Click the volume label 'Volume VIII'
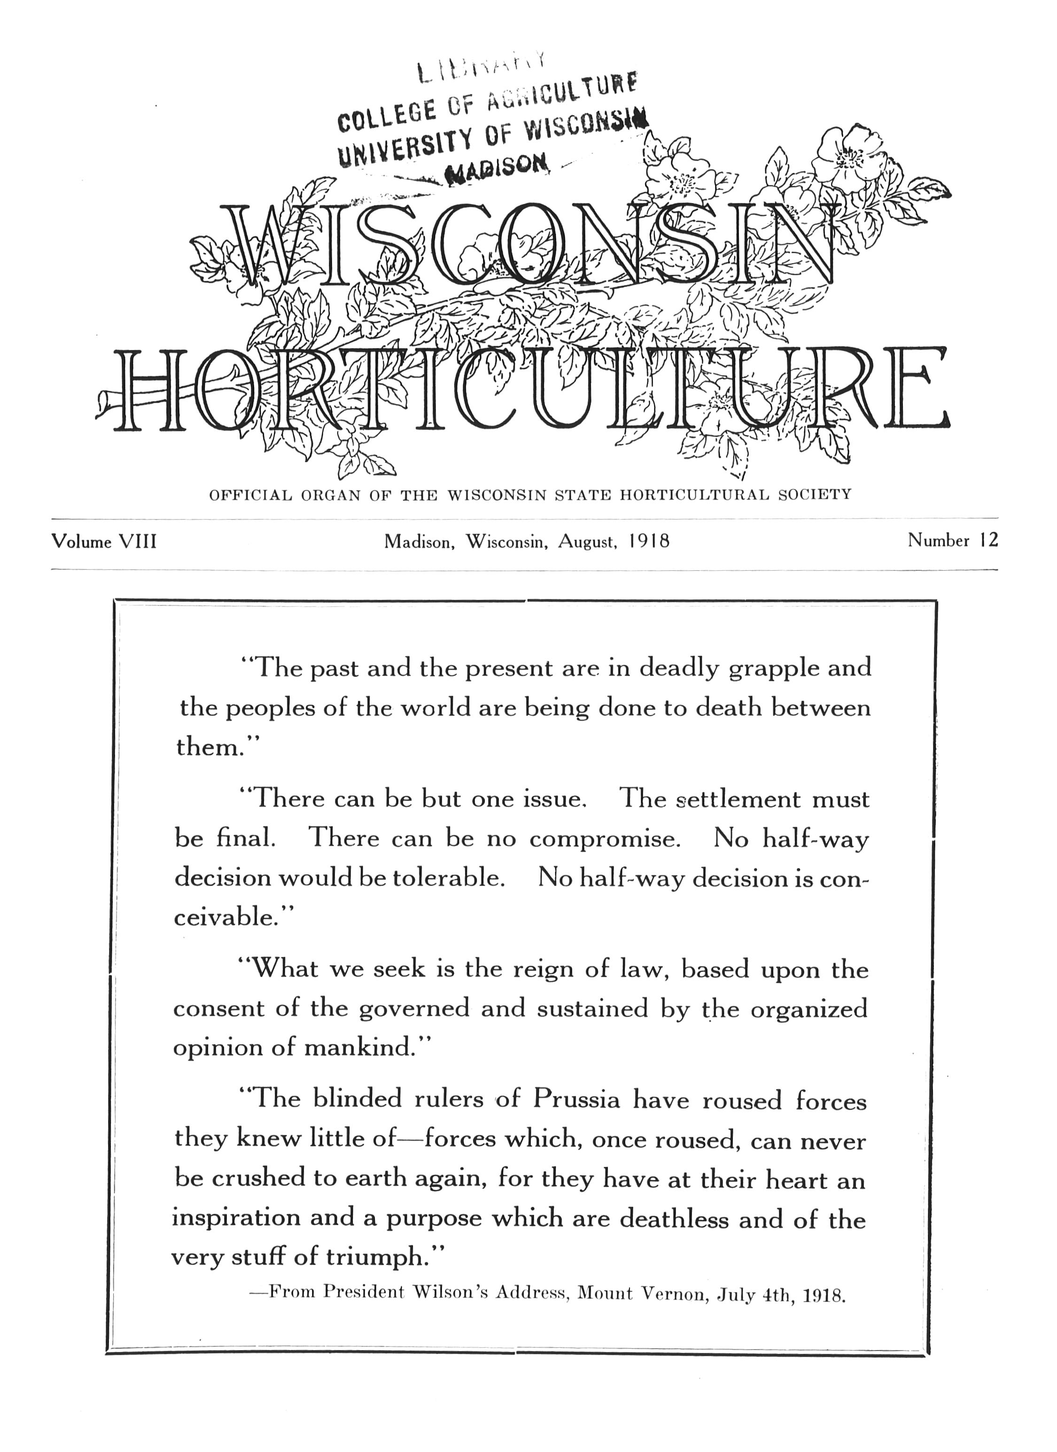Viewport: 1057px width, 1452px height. pos(104,542)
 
